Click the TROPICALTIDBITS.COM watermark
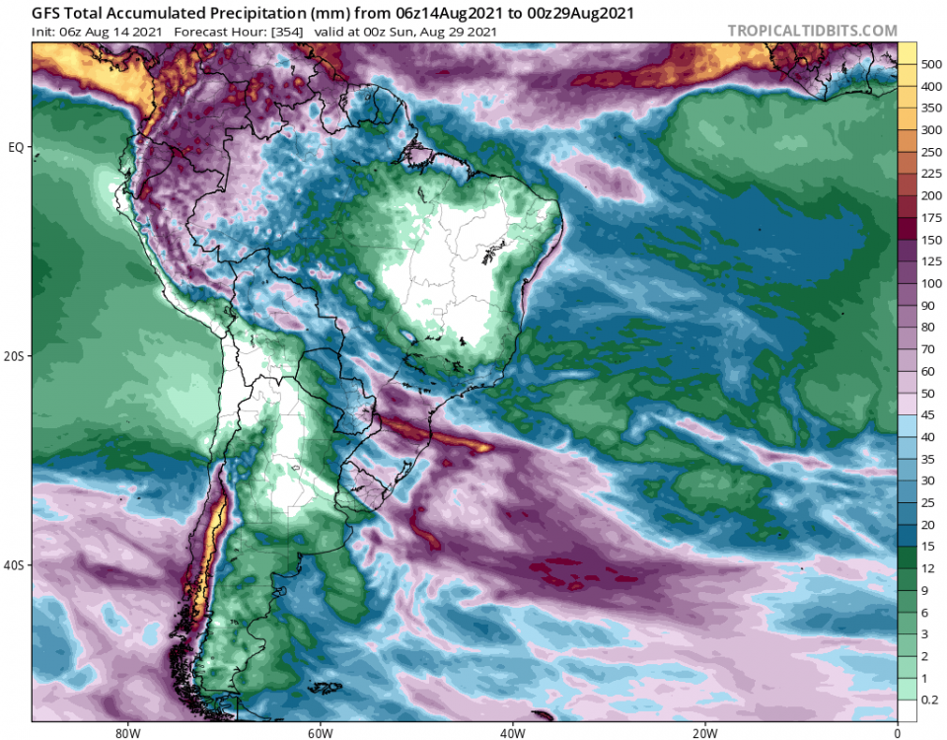(x=813, y=31)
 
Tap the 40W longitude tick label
(x=511, y=732)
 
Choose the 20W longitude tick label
(x=704, y=732)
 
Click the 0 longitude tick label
(x=898, y=732)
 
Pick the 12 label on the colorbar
(x=930, y=567)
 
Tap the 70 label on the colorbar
(x=930, y=349)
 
